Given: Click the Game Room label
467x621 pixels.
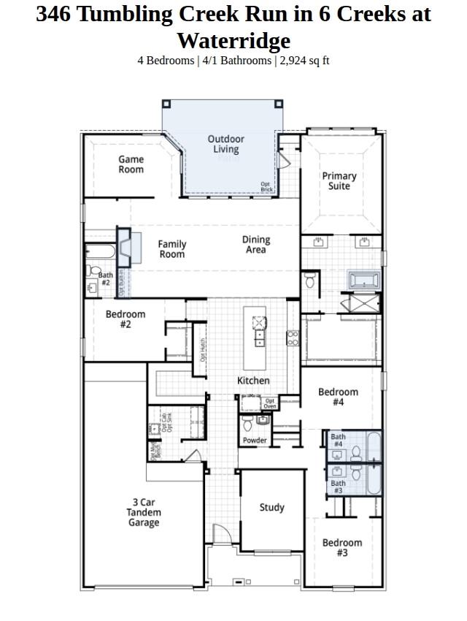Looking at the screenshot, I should pos(131,164).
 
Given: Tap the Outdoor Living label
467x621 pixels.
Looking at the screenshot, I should pos(226,144).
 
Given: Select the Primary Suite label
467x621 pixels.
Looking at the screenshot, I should pos(339,180).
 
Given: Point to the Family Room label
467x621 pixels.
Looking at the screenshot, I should pos(172,249).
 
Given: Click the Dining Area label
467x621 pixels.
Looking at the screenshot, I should pos(256,245).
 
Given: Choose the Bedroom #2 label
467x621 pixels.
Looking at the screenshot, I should pos(126,319).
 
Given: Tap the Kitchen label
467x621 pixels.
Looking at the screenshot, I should pos(253,381).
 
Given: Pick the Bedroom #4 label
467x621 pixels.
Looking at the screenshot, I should pos(338,397).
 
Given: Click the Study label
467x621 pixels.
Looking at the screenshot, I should pos(272,508).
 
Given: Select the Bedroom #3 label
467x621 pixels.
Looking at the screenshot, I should pos(342,548).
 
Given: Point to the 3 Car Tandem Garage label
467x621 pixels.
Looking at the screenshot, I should pos(143,512).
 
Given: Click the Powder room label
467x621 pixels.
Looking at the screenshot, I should pos(255,441).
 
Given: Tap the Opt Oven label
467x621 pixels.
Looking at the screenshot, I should pos(270,403).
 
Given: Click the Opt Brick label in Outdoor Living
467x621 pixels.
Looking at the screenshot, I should pos(267,187).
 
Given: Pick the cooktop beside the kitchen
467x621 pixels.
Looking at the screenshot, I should pos(293,338).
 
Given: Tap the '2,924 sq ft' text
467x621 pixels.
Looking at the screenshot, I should pos(305,61).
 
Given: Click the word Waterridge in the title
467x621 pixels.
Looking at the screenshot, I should pos(233,40).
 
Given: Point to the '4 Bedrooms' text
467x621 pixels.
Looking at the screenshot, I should pos(165,61).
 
